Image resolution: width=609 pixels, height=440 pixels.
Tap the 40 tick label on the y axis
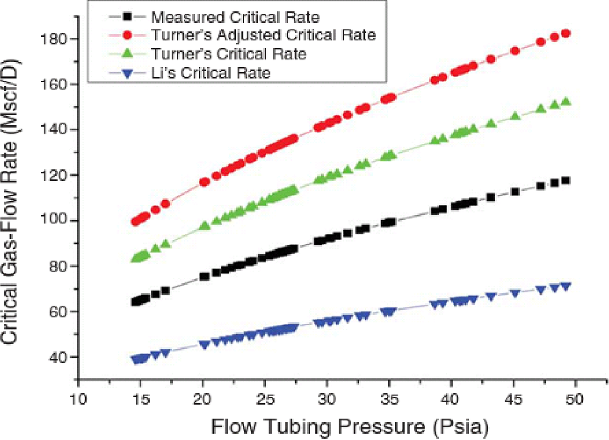59,357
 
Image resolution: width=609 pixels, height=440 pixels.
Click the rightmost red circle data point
566,33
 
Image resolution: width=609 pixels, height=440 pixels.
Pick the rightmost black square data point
566,181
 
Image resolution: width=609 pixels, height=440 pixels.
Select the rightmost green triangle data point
566,101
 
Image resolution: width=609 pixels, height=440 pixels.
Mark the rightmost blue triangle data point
566,286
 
